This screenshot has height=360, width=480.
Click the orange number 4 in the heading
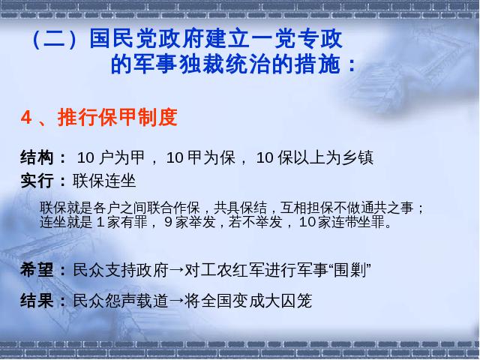(26, 117)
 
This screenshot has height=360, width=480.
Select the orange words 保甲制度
(137, 117)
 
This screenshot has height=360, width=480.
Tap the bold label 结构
(37, 157)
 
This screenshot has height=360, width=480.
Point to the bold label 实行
(37, 181)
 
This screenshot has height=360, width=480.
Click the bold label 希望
(37, 270)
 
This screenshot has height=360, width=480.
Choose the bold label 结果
(37, 300)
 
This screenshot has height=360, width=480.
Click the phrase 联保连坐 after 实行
(104, 181)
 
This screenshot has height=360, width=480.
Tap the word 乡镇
(358, 157)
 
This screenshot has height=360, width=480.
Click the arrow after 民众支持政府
(177, 270)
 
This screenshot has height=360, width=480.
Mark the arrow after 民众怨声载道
(177, 301)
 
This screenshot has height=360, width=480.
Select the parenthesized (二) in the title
(54, 40)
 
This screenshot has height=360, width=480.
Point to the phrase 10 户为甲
(111, 157)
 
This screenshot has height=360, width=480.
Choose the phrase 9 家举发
(190, 222)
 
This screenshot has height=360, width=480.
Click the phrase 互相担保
(307, 208)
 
